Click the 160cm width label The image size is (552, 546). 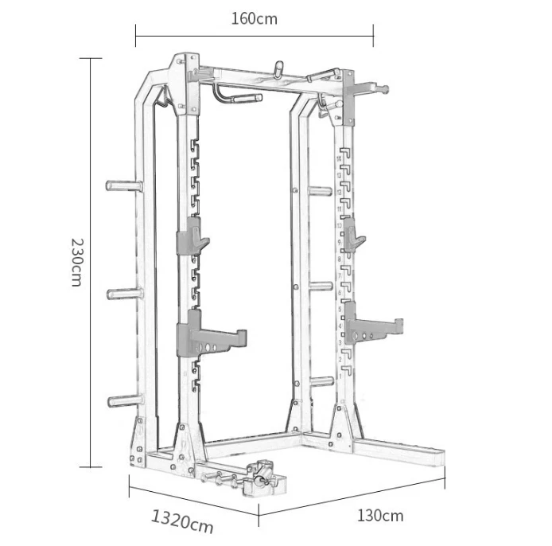[x=255, y=18]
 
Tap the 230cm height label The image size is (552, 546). [x=76, y=262]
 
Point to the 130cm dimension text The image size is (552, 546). [x=379, y=515]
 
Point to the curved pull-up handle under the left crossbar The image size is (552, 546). [x=236, y=96]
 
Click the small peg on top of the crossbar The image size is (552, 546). [x=278, y=68]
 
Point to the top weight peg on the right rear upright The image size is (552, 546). [x=319, y=190]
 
